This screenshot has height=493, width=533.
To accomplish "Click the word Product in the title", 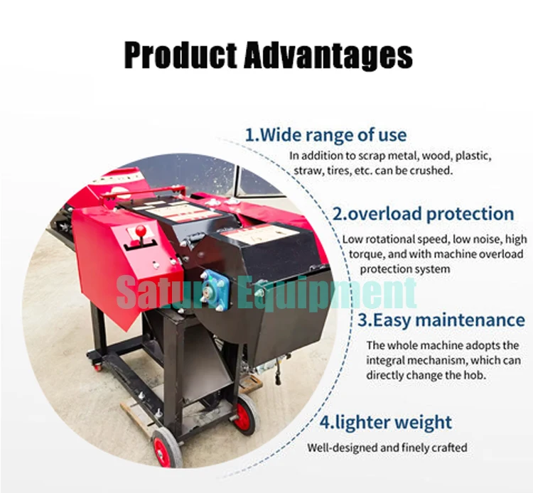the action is point(181,55).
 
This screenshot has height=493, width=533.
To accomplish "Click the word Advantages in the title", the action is point(328,55).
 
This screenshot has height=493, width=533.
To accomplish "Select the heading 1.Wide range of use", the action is point(325,135).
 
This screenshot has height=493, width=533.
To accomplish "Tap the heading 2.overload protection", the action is point(423,214).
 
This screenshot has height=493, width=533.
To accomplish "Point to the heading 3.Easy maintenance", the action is point(441,320).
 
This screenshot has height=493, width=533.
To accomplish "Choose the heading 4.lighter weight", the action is point(385,423).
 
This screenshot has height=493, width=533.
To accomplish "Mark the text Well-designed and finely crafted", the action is point(387,448).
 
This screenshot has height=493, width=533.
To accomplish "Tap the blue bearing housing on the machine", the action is point(214,289).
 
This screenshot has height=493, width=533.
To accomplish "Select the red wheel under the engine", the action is point(244,415).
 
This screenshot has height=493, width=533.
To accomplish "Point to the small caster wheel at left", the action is point(98,367).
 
